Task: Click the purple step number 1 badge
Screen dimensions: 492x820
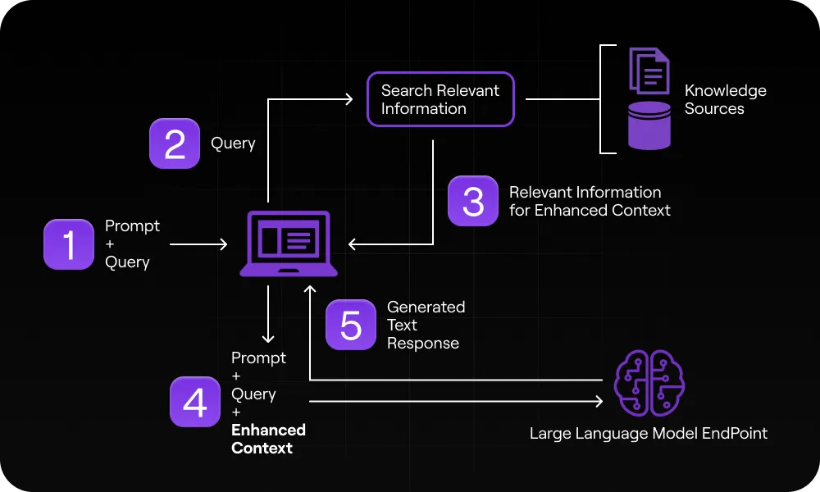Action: (69, 244)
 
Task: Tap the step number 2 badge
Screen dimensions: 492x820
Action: (175, 143)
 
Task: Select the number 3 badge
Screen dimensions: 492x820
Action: (473, 201)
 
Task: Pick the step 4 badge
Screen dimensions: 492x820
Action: (195, 402)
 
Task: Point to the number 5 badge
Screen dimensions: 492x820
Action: (351, 325)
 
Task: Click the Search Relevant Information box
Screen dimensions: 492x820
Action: (440, 100)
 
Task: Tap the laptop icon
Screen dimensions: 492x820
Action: (289, 244)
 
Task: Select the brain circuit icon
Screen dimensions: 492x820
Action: (649, 383)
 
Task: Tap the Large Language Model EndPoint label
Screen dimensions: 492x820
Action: (649, 433)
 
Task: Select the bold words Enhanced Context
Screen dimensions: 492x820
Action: (268, 439)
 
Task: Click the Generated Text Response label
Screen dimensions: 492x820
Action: (426, 325)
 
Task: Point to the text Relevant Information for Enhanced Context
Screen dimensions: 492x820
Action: (590, 201)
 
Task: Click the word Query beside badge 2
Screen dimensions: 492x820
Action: (233, 143)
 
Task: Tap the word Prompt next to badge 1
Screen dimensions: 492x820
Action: (132, 225)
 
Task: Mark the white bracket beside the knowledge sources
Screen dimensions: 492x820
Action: (605, 99)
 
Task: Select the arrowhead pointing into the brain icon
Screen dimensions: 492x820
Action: (599, 402)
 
